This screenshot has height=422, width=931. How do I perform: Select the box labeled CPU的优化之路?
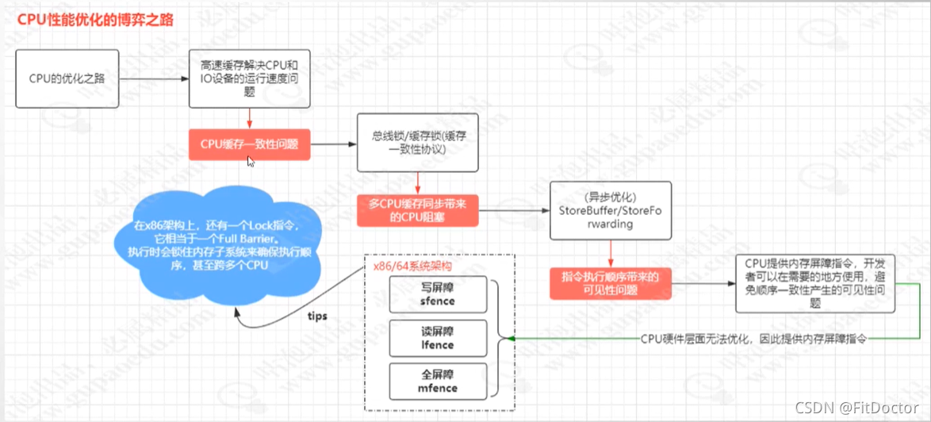[x=69, y=79]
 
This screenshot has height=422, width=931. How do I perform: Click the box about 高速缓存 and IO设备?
[x=249, y=79]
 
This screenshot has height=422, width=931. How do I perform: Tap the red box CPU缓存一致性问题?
[x=249, y=144]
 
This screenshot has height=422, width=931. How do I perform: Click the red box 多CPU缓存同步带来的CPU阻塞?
[x=418, y=210]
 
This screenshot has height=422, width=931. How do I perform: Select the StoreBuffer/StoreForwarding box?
[x=611, y=210]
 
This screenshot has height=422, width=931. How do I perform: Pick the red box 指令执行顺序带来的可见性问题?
[x=611, y=283]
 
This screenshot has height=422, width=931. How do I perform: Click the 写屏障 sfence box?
[x=435, y=294]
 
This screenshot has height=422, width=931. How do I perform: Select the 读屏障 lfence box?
[x=435, y=337]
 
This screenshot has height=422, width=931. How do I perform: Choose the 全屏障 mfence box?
[x=435, y=381]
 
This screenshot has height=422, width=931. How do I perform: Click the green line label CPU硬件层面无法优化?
[x=753, y=339]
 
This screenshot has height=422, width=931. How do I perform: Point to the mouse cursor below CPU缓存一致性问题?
[x=251, y=162]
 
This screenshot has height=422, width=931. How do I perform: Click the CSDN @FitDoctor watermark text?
[x=868, y=408]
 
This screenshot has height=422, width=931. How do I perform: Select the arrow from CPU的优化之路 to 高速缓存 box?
[x=154, y=79]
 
